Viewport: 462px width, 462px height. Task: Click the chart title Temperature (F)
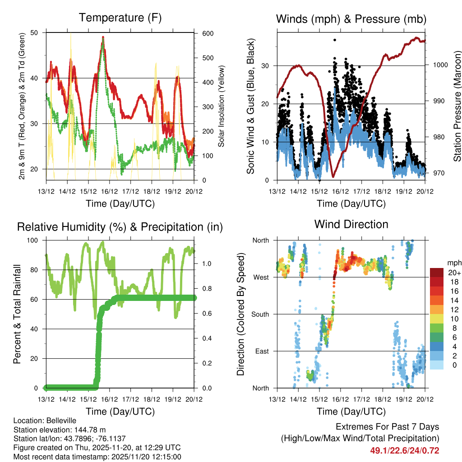120,18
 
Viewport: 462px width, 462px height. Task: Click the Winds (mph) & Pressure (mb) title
351,19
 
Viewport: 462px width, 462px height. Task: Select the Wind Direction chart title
351,224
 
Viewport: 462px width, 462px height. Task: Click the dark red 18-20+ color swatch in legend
437,273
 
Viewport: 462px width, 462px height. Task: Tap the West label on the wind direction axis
261,277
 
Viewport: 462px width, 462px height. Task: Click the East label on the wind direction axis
261,351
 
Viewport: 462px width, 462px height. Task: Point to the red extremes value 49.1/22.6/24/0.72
405,450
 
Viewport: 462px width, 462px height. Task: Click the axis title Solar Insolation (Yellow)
222,106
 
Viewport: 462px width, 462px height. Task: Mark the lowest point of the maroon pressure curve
333,177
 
